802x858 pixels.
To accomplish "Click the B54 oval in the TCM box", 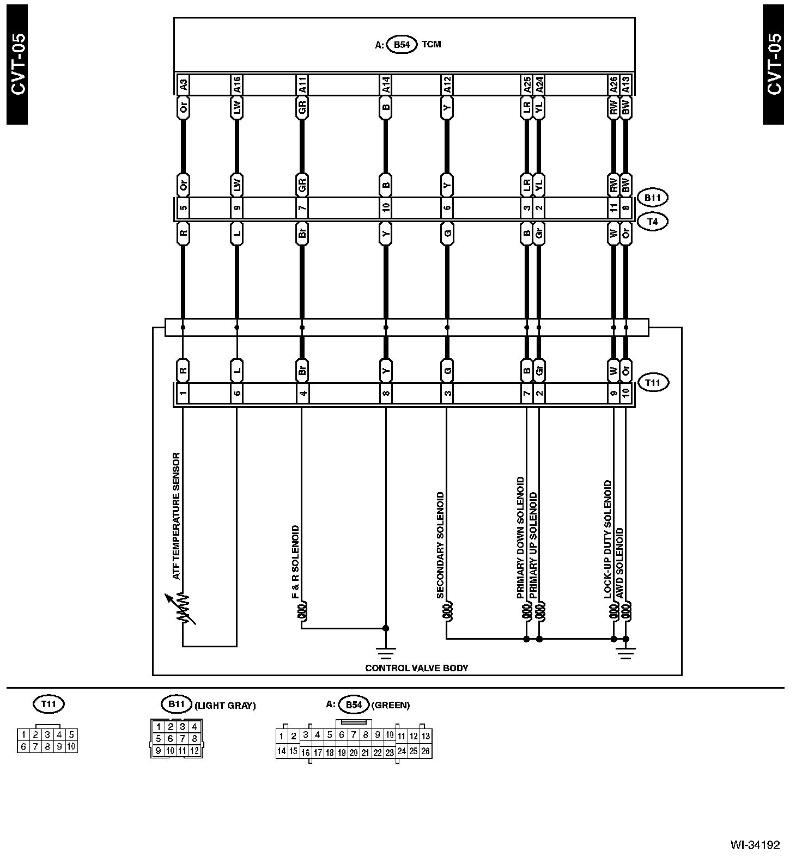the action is pyautogui.click(x=402, y=45).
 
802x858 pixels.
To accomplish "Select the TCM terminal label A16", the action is pyautogui.click(x=236, y=84).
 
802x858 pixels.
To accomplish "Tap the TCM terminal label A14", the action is pyautogui.click(x=386, y=84).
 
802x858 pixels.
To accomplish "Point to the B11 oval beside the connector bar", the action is pyautogui.click(x=652, y=198).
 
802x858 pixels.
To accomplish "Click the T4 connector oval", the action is pyautogui.click(x=652, y=222).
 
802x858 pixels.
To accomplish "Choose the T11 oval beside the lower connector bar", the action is pyautogui.click(x=652, y=383).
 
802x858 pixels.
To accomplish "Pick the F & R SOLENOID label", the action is pyautogui.click(x=296, y=562).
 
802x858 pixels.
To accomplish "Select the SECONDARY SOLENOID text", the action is pyautogui.click(x=440, y=545).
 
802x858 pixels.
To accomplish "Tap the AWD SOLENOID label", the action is pyautogui.click(x=619, y=563).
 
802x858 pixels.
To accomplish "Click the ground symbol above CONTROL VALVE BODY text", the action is pyautogui.click(x=386, y=651).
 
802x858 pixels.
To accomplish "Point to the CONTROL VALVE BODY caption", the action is pyautogui.click(x=416, y=668).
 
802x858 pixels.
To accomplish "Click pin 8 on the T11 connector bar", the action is pyautogui.click(x=386, y=393).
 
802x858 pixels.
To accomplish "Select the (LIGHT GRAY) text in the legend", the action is pyautogui.click(x=225, y=706).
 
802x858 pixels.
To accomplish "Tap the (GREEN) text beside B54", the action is pyautogui.click(x=390, y=705).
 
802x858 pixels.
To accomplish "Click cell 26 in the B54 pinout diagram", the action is pyautogui.click(x=426, y=751).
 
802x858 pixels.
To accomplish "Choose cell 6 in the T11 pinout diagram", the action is pyautogui.click(x=23, y=746).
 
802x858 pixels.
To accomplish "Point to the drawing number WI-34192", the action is pyautogui.click(x=755, y=845).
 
